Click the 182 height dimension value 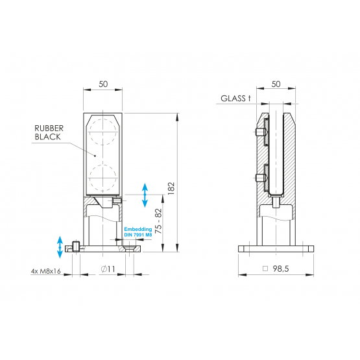(x=171, y=189)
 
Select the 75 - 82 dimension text (x=158, y=221)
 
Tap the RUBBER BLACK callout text (x=49, y=132)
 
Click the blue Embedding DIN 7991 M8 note (x=138, y=232)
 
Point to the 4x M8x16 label (x=45, y=271)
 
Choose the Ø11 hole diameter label (x=108, y=269)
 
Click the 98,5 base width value (x=281, y=269)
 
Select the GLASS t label (x=235, y=99)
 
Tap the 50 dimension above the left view (x=103, y=84)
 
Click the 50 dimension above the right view (x=276, y=84)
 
